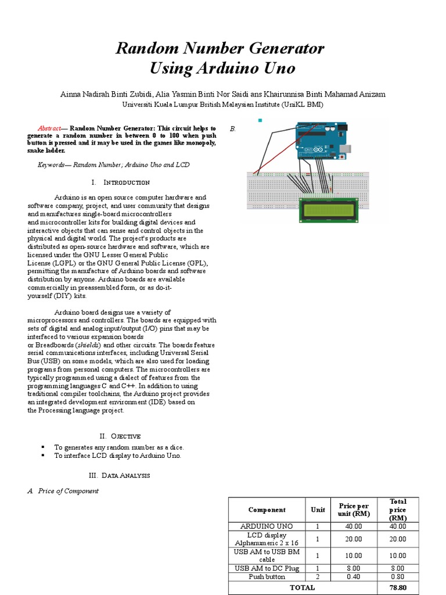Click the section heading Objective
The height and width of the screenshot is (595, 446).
point(126,436)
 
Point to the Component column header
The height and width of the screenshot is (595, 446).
point(267,510)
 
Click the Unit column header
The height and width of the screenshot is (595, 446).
point(318,510)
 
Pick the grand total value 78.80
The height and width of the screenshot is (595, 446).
point(398,587)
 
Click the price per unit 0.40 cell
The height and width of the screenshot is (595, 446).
point(354,576)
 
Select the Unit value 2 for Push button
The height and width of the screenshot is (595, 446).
point(318,576)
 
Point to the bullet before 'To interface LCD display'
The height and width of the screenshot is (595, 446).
point(43,456)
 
